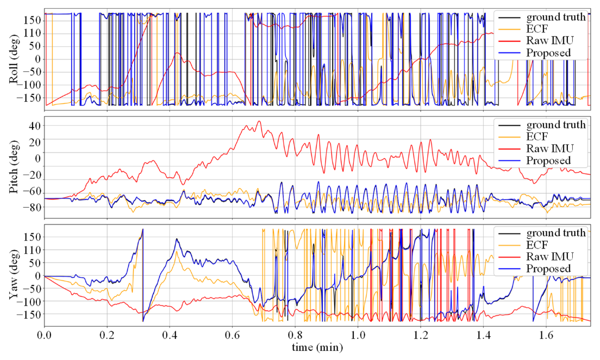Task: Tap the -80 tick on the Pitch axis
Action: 29,207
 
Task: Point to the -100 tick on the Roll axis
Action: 27,85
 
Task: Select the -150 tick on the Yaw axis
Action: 27,315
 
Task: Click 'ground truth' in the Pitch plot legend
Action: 555,125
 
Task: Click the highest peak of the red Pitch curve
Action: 259,121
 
